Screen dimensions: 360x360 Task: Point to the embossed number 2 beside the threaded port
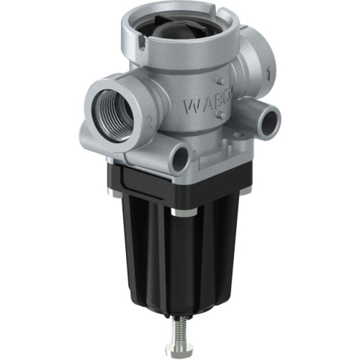(146, 122)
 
